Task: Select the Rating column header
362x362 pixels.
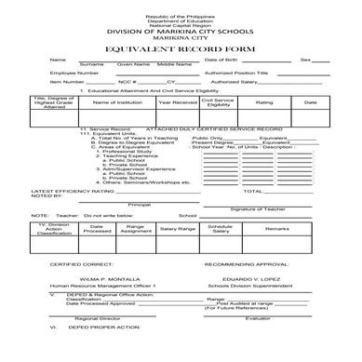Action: tap(264, 102)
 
